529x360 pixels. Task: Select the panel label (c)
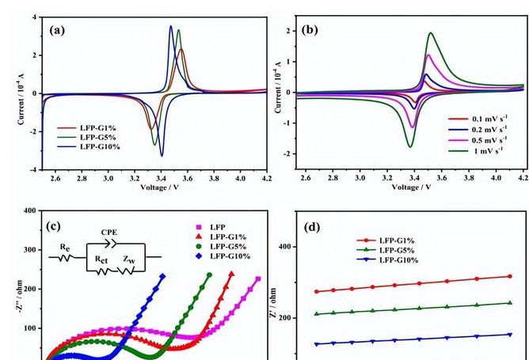(55, 227)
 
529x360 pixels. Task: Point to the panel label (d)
(314, 228)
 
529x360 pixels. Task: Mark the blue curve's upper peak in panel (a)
(170, 26)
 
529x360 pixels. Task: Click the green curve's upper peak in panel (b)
(430, 33)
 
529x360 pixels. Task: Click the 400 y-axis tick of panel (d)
(292, 248)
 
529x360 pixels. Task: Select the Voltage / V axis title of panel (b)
(408, 188)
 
